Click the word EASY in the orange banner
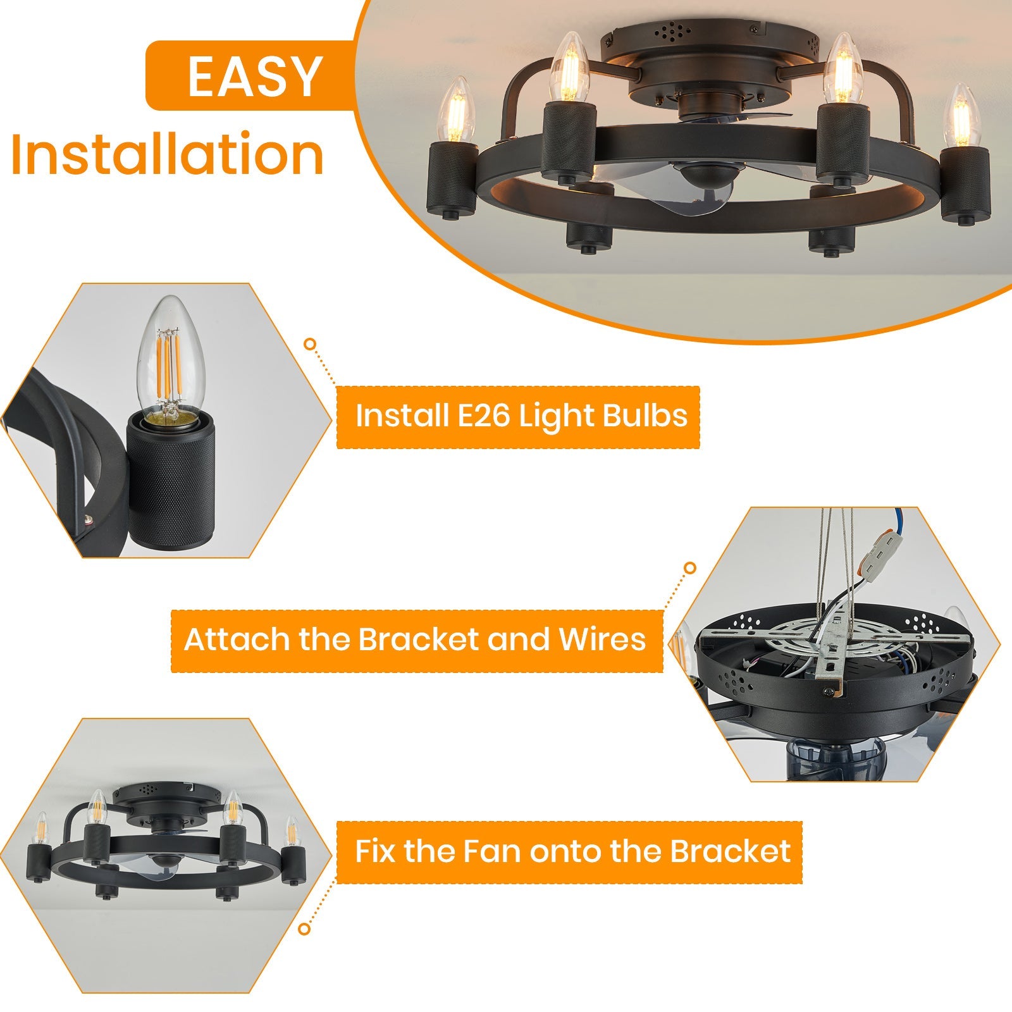tap(255, 77)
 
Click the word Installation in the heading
tap(168, 154)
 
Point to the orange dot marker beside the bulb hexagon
tap(309, 344)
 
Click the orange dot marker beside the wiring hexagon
tap(690, 568)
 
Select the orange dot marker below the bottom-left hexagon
tap(305, 929)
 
